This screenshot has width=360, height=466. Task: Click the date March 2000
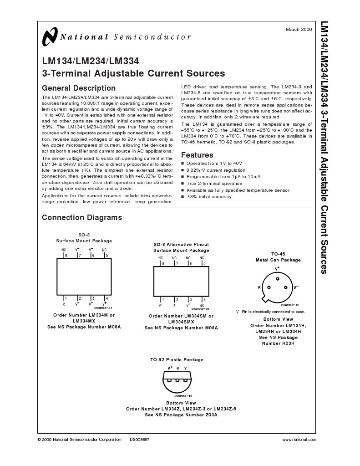299,29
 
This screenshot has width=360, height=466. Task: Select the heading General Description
79,88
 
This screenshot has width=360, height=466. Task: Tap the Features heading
197,155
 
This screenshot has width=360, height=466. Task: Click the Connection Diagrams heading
82,217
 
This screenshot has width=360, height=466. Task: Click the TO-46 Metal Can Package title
278,256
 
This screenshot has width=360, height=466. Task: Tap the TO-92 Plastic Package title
177,359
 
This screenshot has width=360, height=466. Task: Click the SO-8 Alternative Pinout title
181,245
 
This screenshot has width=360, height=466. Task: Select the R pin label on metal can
259,287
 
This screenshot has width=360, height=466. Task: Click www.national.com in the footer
299,440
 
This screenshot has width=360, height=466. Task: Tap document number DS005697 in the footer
139,440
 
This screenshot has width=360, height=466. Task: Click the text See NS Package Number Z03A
181,415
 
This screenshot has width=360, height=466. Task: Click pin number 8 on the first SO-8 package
66,256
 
